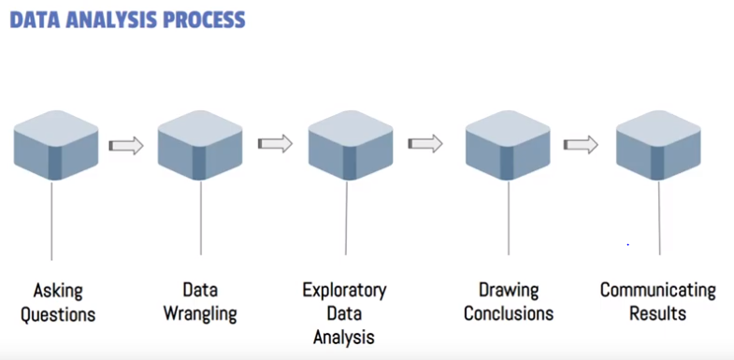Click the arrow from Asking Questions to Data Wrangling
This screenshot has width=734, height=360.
point(126,146)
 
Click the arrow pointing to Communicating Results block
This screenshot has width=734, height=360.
point(581,145)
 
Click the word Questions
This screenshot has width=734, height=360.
point(58,313)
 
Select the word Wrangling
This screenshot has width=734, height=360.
point(200,313)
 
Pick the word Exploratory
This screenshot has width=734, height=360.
point(344,290)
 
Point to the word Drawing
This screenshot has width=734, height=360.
point(508,290)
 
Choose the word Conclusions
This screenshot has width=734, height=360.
point(508,313)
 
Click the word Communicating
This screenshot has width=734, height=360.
point(657,290)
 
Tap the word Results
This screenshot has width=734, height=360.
point(657,313)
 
